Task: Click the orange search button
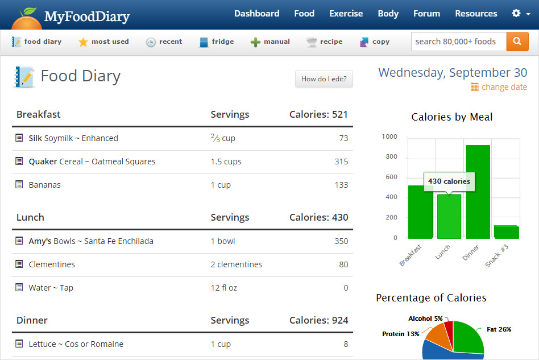pyautogui.click(x=517, y=42)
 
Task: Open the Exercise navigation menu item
pyautogui.click(x=346, y=14)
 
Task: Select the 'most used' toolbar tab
pyautogui.click(x=103, y=42)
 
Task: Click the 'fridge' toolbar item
pyautogui.click(x=216, y=42)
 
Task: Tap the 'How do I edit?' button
pyautogui.click(x=324, y=79)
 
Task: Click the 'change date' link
pyautogui.click(x=504, y=87)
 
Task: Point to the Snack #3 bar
pyautogui.click(x=506, y=232)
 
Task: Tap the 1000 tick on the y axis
pyautogui.click(x=389, y=136)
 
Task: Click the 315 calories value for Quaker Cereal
pyautogui.click(x=341, y=162)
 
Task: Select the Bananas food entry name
pyautogui.click(x=44, y=185)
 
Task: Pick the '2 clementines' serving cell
pyautogui.click(x=236, y=264)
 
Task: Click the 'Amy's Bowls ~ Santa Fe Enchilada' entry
pyautogui.click(x=91, y=241)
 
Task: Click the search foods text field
pyautogui.click(x=458, y=42)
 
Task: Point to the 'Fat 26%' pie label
pyautogui.click(x=499, y=329)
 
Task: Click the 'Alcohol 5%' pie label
pyautogui.click(x=425, y=318)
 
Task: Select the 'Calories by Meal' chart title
pyautogui.click(x=452, y=117)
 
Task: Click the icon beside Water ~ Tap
pyautogui.click(x=19, y=288)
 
